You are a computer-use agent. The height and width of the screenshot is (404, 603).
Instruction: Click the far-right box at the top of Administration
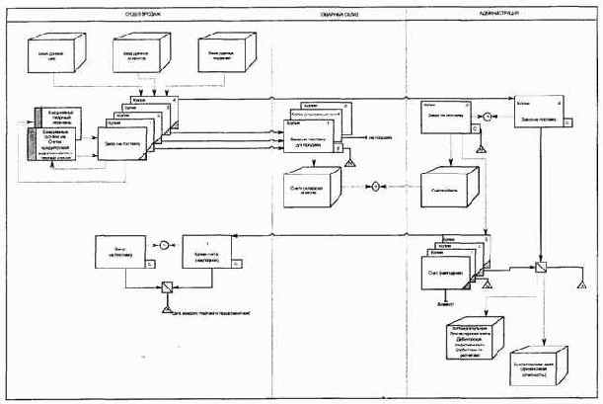click(x=537, y=115)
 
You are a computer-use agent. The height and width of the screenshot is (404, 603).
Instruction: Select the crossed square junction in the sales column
click(x=167, y=288)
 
